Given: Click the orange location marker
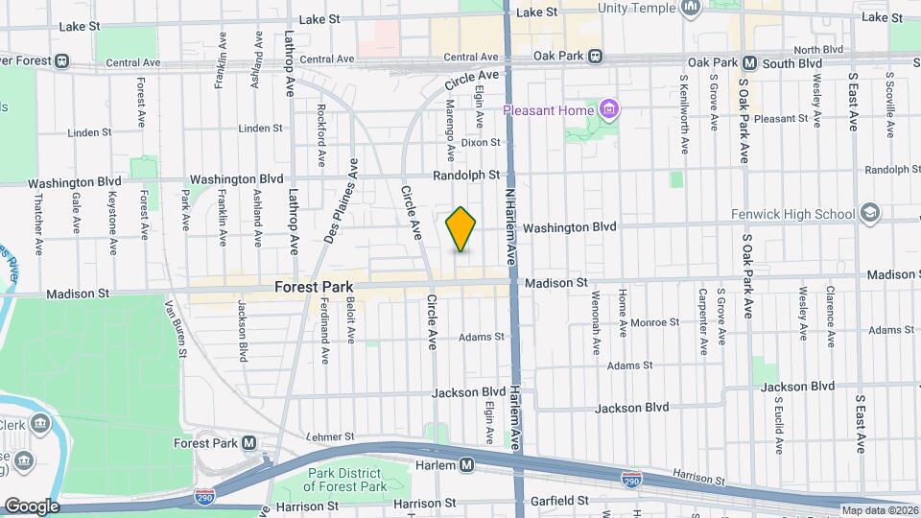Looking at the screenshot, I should (x=460, y=229).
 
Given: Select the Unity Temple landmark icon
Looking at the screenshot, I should (x=690, y=9).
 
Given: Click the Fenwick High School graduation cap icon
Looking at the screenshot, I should (x=869, y=213).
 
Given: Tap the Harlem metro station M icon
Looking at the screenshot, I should (x=467, y=465).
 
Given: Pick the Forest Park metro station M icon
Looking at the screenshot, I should (x=249, y=443).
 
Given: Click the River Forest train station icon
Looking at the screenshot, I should (x=62, y=61).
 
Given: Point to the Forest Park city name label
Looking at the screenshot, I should (x=315, y=287).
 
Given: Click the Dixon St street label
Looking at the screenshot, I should (x=481, y=142).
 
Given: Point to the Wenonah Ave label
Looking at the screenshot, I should (x=596, y=318).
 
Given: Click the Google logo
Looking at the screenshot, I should (x=31, y=506).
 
